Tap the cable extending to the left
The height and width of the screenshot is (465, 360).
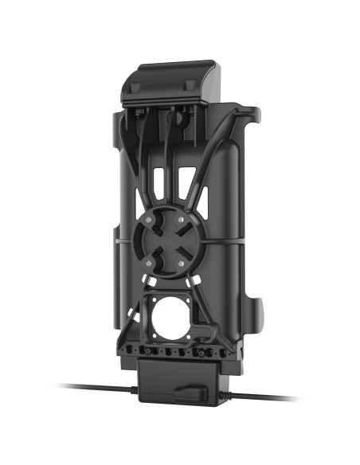coord(88,388)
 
